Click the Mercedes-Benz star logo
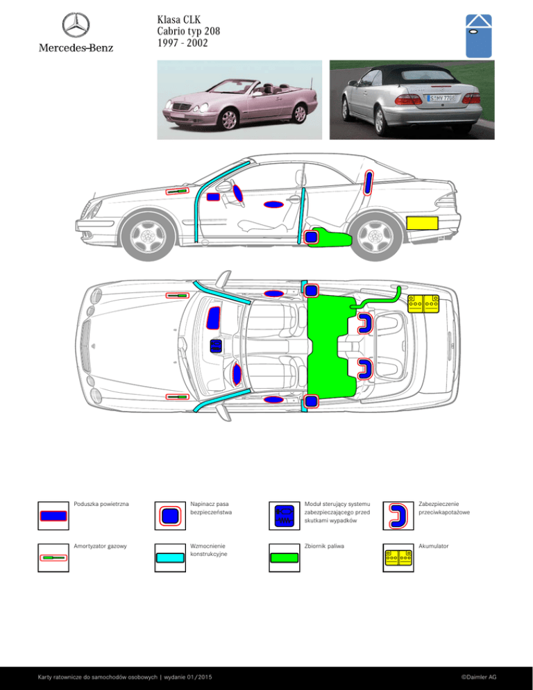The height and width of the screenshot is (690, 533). click(x=76, y=25)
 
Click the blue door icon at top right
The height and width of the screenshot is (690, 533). click(x=478, y=36)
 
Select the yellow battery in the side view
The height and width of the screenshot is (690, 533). click(x=422, y=223)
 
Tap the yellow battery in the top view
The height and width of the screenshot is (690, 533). click(x=423, y=303)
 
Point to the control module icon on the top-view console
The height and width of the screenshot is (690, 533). click(x=216, y=346)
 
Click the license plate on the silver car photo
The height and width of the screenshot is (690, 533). click(x=442, y=98)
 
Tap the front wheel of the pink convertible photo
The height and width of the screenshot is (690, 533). click(x=230, y=119)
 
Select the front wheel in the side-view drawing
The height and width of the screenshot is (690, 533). click(x=149, y=236)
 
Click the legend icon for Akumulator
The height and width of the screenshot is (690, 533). click(x=398, y=558)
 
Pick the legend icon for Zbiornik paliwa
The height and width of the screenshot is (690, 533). click(x=285, y=558)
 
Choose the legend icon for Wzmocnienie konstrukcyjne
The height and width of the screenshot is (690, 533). click(x=170, y=558)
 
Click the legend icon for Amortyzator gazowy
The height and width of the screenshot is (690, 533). click(x=53, y=558)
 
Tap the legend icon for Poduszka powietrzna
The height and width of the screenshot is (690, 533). click(x=53, y=516)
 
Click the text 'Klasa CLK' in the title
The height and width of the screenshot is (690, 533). click(x=178, y=20)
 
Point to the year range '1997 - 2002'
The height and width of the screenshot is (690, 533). click(x=183, y=43)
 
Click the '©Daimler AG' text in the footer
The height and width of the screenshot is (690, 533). click(x=478, y=678)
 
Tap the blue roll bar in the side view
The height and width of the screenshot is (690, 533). click(x=369, y=183)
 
